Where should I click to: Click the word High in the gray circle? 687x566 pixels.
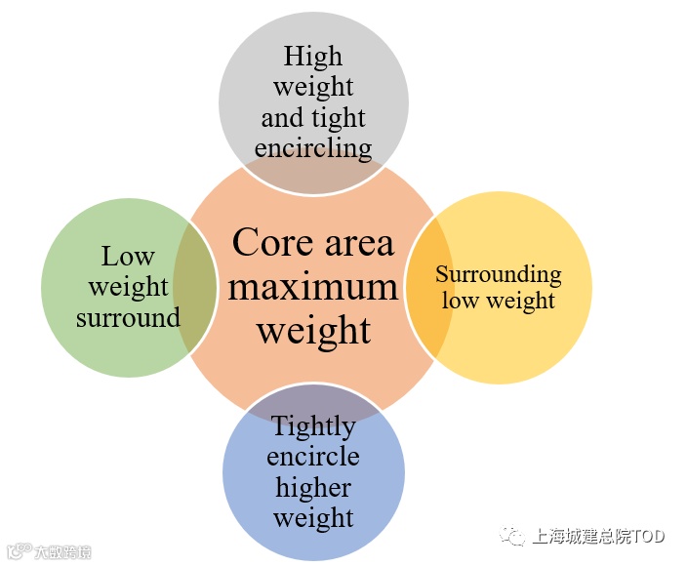pyautogui.click(x=314, y=56)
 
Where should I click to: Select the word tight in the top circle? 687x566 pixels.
pyautogui.click(x=339, y=118)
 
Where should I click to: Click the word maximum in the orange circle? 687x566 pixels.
pyautogui.click(x=313, y=287)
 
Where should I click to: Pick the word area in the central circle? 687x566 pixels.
pyautogui.click(x=357, y=242)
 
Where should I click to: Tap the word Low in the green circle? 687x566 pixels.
pyautogui.click(x=128, y=257)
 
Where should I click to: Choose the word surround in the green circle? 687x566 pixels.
pyautogui.click(x=128, y=318)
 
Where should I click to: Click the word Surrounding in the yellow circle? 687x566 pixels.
pyautogui.click(x=498, y=274)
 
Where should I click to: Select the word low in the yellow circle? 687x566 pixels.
pyautogui.click(x=460, y=300)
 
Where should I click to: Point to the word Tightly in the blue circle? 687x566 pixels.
pyautogui.click(x=313, y=426)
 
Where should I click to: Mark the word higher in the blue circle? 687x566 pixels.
pyautogui.click(x=313, y=487)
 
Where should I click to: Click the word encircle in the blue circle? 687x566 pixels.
pyautogui.click(x=313, y=457)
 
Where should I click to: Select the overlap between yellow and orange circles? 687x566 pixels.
pyautogui.click(x=428, y=286)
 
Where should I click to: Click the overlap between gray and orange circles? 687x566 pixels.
pyautogui.click(x=313, y=177)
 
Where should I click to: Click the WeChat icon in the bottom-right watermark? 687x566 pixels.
pyautogui.click(x=511, y=536)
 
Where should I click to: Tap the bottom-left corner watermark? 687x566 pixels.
pyautogui.click(x=49, y=551)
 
